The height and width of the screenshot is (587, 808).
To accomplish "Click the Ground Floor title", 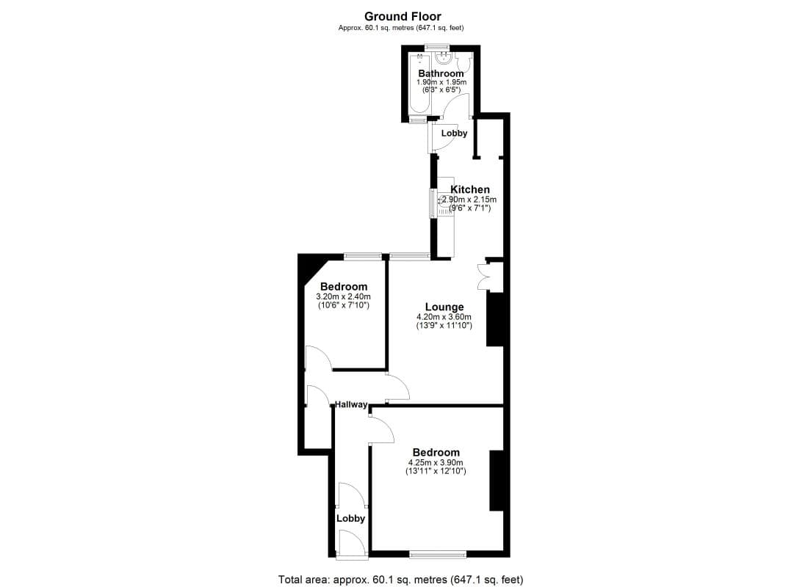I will [403, 15].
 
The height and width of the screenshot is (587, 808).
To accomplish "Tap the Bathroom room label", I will [441, 73].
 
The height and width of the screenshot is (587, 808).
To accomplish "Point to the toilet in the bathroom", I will [462, 60].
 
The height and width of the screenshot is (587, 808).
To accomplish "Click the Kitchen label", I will [470, 189].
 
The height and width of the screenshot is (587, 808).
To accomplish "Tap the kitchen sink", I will [445, 200].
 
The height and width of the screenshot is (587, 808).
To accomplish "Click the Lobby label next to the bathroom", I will [454, 134].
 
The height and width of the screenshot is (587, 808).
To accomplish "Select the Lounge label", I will [444, 307].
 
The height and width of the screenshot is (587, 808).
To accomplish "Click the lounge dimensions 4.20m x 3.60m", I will [444, 317].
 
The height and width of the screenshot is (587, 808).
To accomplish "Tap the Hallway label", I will [351, 404].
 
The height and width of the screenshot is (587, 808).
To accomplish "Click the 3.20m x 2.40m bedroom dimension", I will [343, 296].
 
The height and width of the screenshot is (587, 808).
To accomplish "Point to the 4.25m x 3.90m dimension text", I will [436, 463].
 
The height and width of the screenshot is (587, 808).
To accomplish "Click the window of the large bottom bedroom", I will [437, 554].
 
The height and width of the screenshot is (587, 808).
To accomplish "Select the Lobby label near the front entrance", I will [350, 518].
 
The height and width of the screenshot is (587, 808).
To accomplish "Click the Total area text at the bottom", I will [400, 580].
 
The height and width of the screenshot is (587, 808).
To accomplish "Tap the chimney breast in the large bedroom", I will [496, 481].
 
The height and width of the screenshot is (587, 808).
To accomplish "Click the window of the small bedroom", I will [364, 257].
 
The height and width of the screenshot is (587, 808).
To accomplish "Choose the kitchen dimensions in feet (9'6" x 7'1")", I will [470, 208].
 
